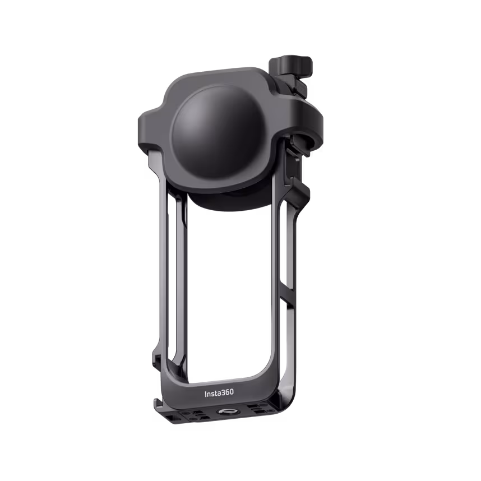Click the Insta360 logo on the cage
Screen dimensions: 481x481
coord(218,393)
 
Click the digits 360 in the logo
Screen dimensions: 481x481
coord(226,393)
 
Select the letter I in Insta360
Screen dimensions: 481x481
coord(205,393)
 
